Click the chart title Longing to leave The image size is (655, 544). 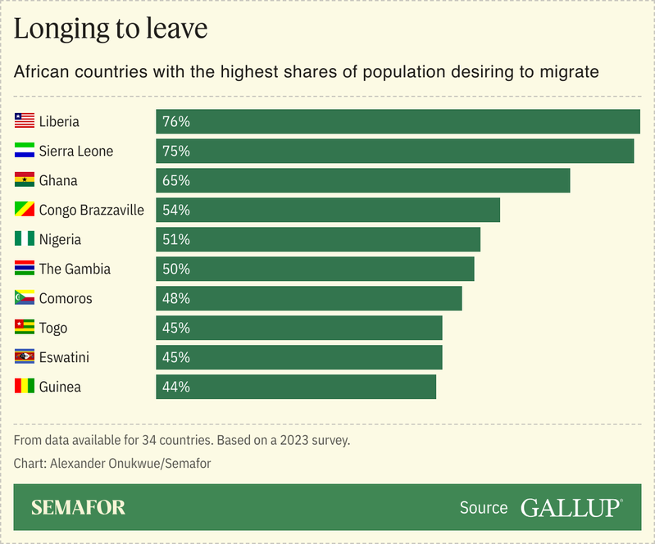pos(111,29)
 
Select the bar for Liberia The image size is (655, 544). pos(398,121)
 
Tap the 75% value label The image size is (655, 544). pos(176,151)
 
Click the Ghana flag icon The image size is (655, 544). pos(25,180)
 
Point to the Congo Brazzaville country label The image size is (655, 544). pos(91,210)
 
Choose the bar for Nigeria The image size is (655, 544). pos(318,239)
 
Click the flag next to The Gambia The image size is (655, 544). pos(25,269)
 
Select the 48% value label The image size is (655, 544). pos(176,298)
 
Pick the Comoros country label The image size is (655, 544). pos(66,298)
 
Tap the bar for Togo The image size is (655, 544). pos(299,328)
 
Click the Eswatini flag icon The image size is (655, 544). pos(25,357)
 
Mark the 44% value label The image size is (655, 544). pos(176,387)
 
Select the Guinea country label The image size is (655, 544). pos(60,387)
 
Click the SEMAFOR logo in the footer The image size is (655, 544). pos(78,508)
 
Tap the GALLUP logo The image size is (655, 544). pos(571,508)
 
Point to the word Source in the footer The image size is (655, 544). pos(484,508)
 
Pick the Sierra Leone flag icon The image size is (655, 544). pos(25,151)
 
